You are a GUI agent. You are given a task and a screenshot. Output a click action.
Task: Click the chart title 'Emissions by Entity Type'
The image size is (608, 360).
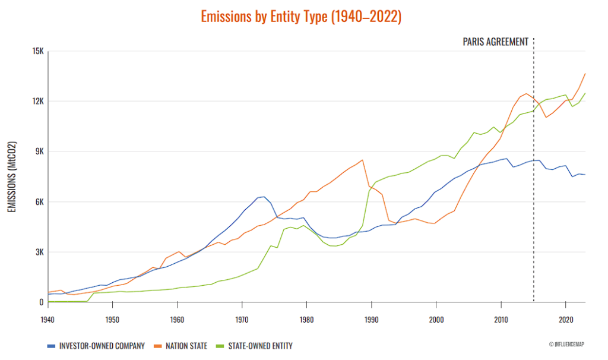tap(301, 17)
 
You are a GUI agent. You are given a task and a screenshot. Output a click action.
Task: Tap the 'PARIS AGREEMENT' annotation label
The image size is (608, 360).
tap(495, 42)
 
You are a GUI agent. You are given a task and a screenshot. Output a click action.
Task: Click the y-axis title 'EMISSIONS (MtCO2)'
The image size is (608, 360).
tap(12, 176)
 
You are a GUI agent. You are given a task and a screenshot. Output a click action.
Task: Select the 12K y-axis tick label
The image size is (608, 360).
tap(38, 101)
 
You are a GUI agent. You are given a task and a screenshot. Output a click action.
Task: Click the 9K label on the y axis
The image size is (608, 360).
tap(40, 151)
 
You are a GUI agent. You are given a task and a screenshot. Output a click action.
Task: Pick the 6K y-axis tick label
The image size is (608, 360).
tap(40, 202)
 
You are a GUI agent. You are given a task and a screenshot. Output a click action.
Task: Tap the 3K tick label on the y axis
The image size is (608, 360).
tap(40, 252)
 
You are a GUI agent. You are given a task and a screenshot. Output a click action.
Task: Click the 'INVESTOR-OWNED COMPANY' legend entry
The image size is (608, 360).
tap(96, 346)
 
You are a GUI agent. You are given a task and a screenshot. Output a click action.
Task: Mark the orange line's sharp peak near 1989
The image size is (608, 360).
tap(362, 160)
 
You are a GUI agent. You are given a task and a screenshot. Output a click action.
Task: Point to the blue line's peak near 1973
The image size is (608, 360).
tap(263, 196)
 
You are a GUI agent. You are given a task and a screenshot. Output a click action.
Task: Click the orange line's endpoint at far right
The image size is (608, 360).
tap(585, 74)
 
